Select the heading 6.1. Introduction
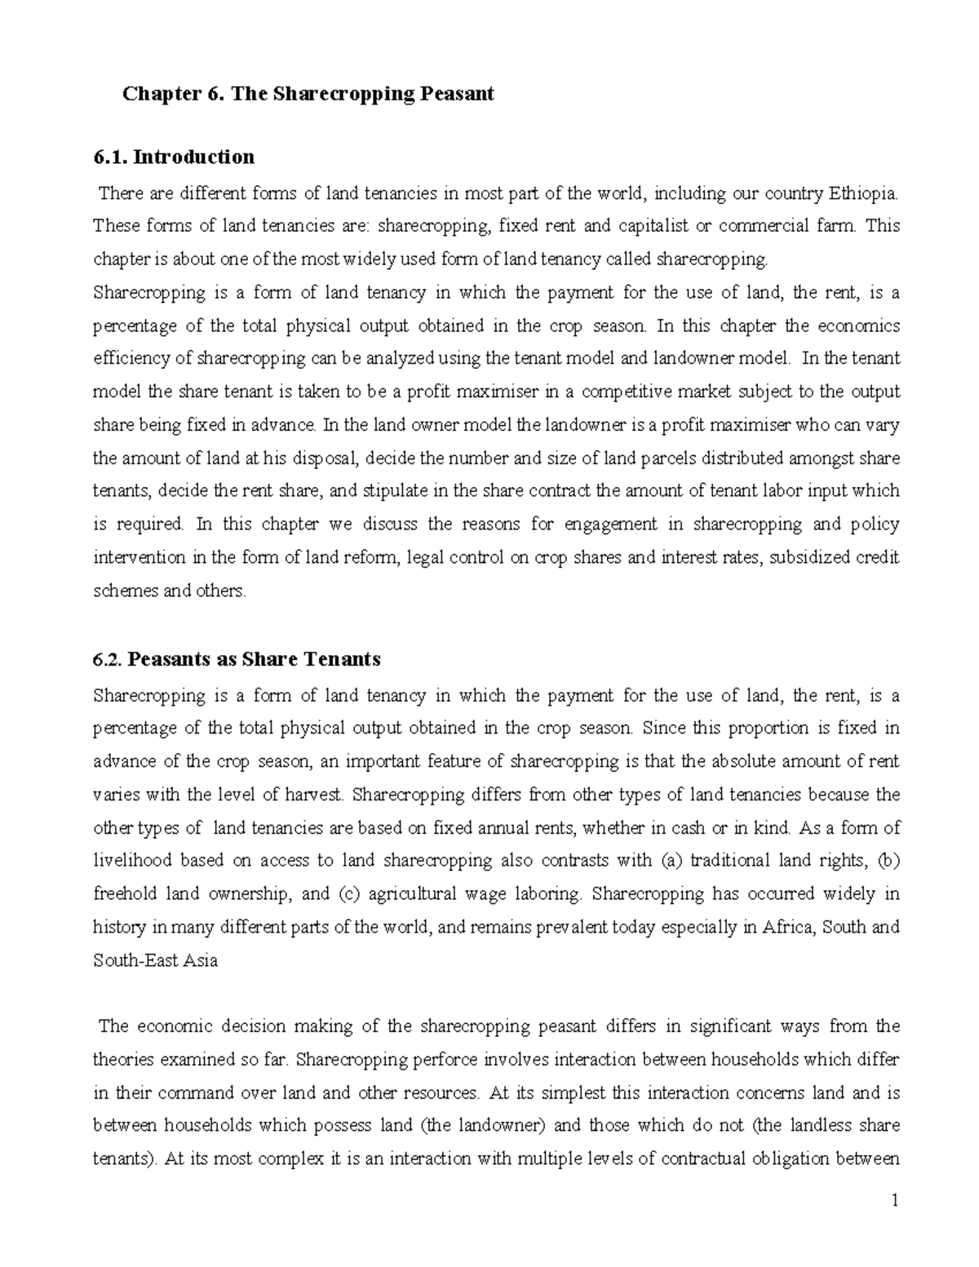click(174, 157)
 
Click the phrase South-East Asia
click(156, 960)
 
